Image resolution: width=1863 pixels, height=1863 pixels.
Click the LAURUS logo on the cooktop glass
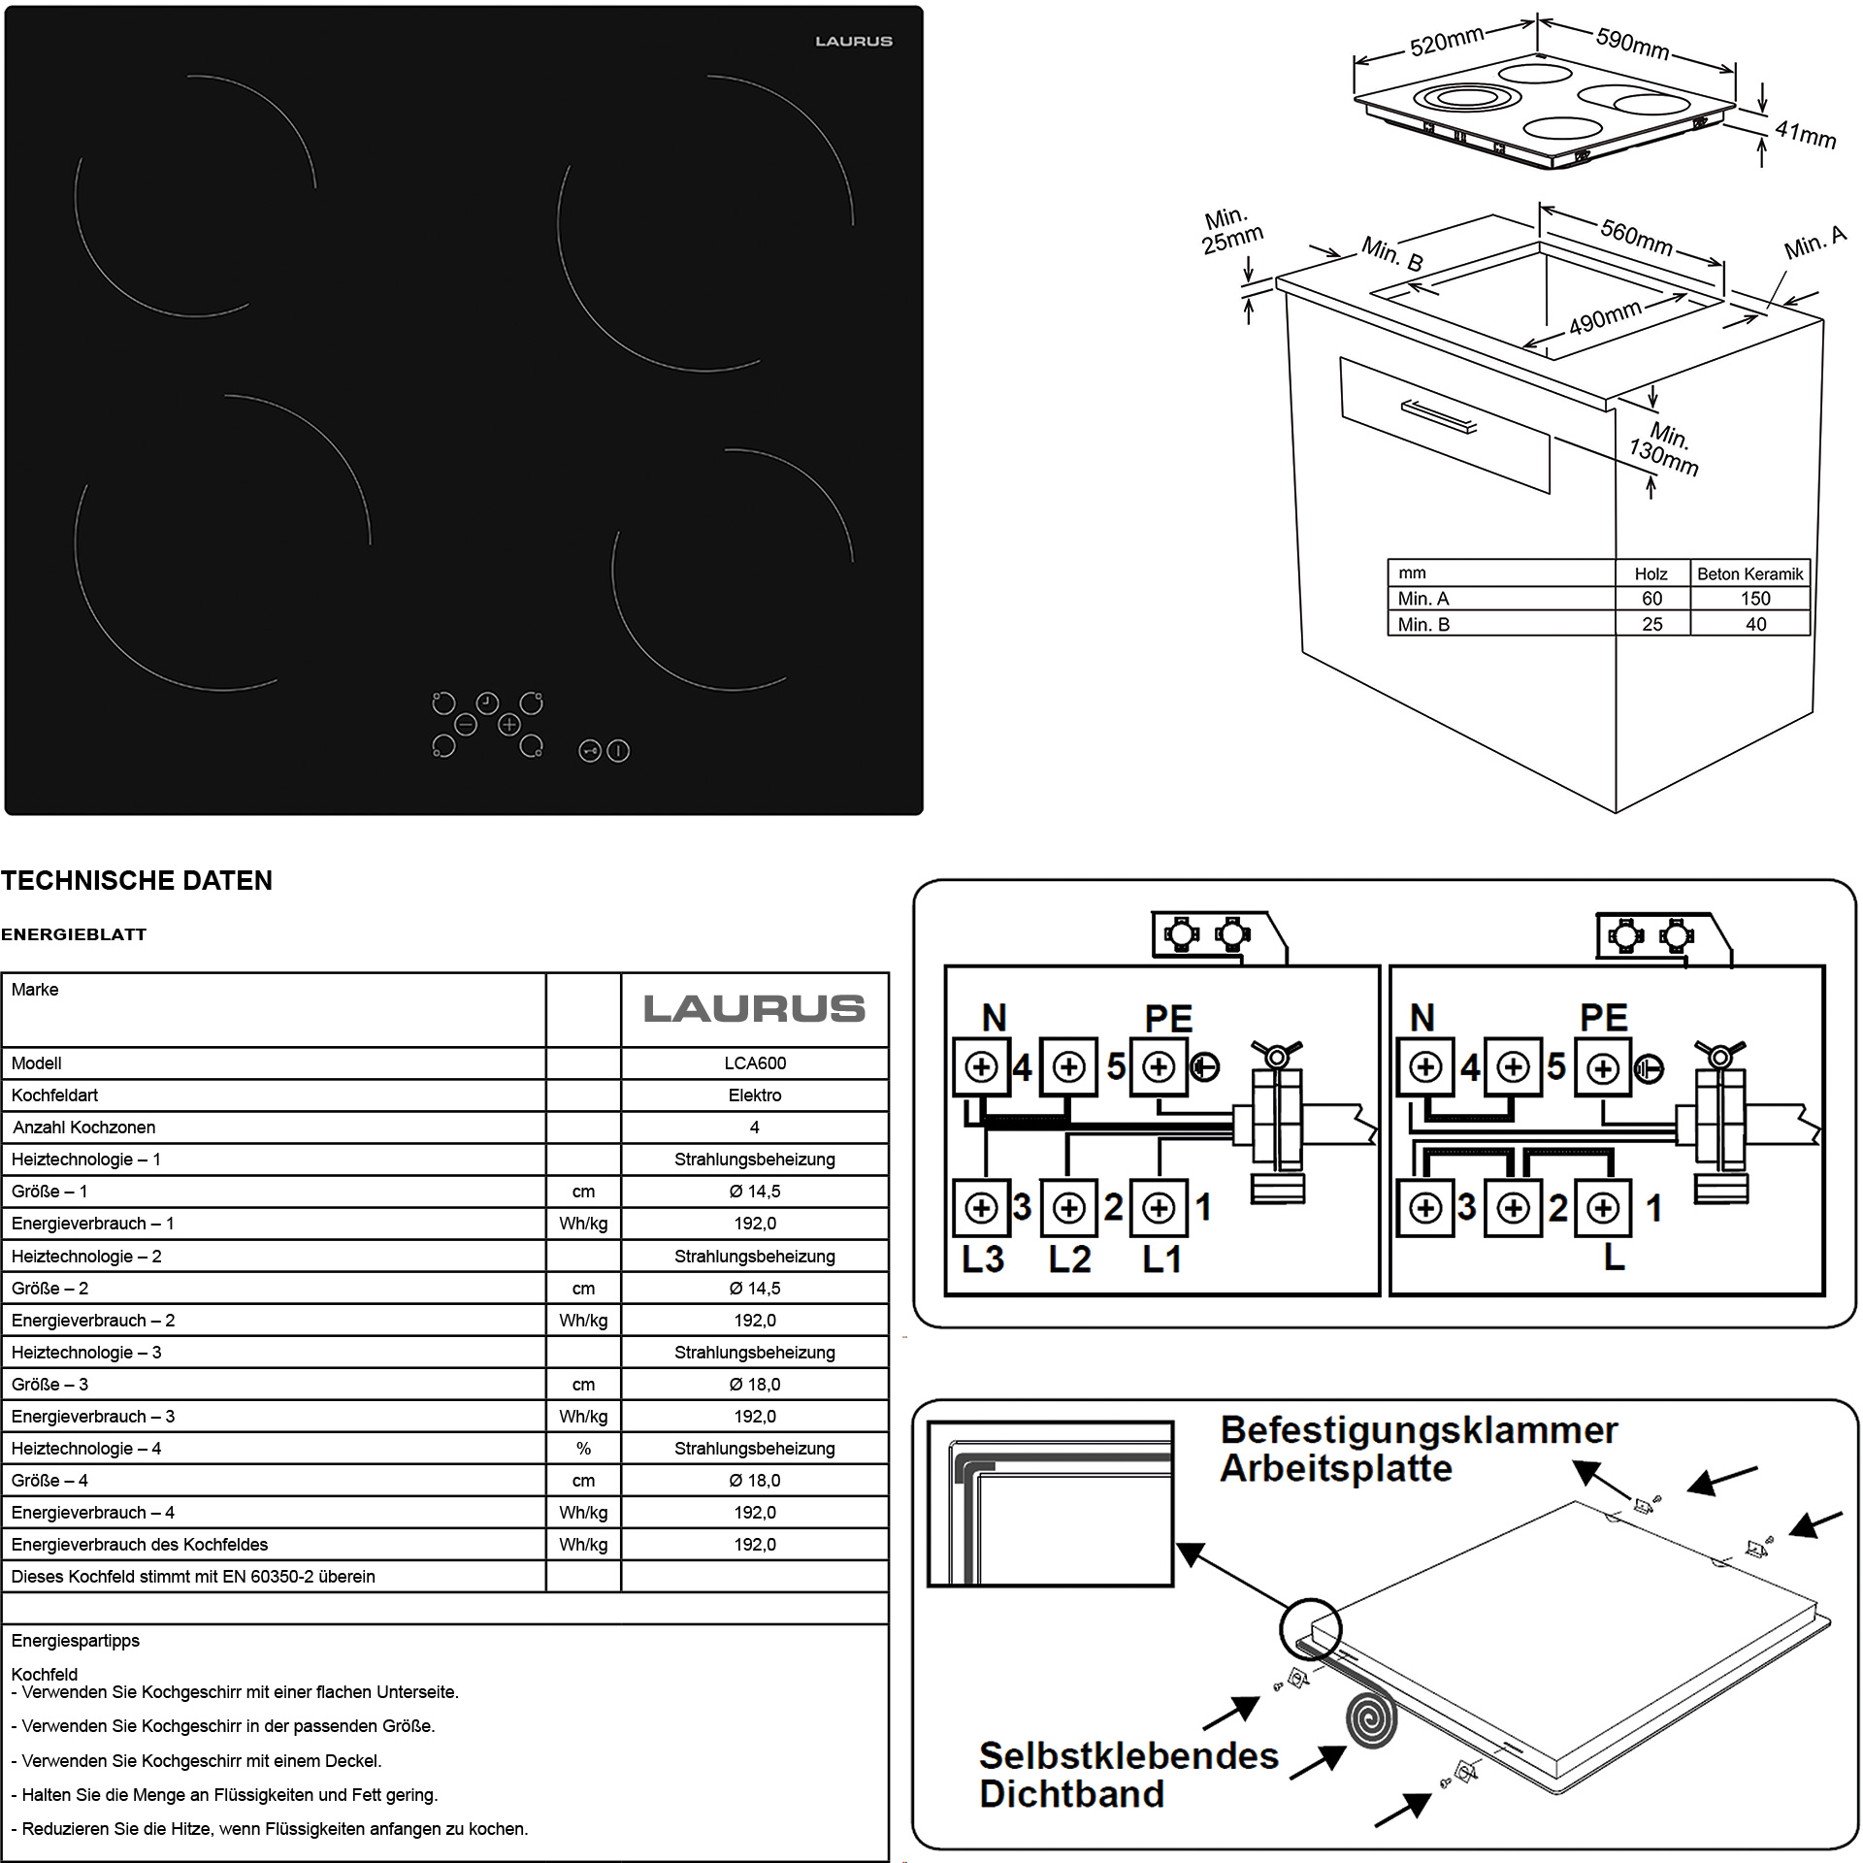(853, 42)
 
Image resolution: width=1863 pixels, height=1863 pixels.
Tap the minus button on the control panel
(465, 725)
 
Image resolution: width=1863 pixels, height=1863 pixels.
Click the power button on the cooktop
(618, 751)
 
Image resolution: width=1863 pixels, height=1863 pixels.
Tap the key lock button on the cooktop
(590, 751)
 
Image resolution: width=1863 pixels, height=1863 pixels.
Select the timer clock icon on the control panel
(487, 703)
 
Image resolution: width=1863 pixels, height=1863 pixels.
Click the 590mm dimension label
(1632, 44)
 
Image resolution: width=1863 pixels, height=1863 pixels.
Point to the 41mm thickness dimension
(1805, 134)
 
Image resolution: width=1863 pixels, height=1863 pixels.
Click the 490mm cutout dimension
(1605, 317)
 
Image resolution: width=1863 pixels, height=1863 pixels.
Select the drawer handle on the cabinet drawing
(1439, 416)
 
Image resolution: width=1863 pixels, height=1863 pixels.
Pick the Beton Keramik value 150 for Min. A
(1755, 599)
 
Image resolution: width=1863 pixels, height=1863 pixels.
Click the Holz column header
(1651, 573)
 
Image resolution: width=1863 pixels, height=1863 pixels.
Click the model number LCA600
(755, 1063)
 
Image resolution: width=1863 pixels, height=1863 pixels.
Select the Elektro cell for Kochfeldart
(755, 1095)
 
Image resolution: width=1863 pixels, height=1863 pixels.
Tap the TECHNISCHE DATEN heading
(137, 881)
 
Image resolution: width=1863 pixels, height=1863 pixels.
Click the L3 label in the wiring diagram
(982, 1259)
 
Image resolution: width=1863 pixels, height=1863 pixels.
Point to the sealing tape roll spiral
(1373, 1718)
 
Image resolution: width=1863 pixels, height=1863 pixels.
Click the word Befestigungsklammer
(1419, 1431)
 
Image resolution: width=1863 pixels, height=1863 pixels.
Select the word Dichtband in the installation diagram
(1071, 1793)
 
